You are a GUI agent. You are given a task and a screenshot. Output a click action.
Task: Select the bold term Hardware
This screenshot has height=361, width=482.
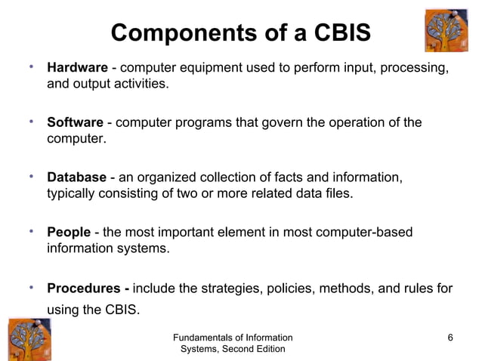click(x=77, y=69)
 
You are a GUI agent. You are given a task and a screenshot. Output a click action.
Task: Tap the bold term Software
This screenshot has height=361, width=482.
click(x=75, y=123)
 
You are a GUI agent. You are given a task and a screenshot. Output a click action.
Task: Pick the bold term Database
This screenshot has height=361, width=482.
click(x=77, y=177)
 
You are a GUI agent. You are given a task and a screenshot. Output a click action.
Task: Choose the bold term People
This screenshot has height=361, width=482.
click(x=69, y=232)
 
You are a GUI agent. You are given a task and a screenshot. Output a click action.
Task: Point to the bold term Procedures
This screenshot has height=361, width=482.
click(x=85, y=288)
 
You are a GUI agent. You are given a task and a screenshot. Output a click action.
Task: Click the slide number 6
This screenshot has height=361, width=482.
click(x=450, y=337)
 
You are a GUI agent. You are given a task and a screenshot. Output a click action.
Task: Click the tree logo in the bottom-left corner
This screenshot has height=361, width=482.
click(x=30, y=339)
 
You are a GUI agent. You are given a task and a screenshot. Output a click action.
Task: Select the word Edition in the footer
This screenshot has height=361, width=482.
click(x=267, y=349)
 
